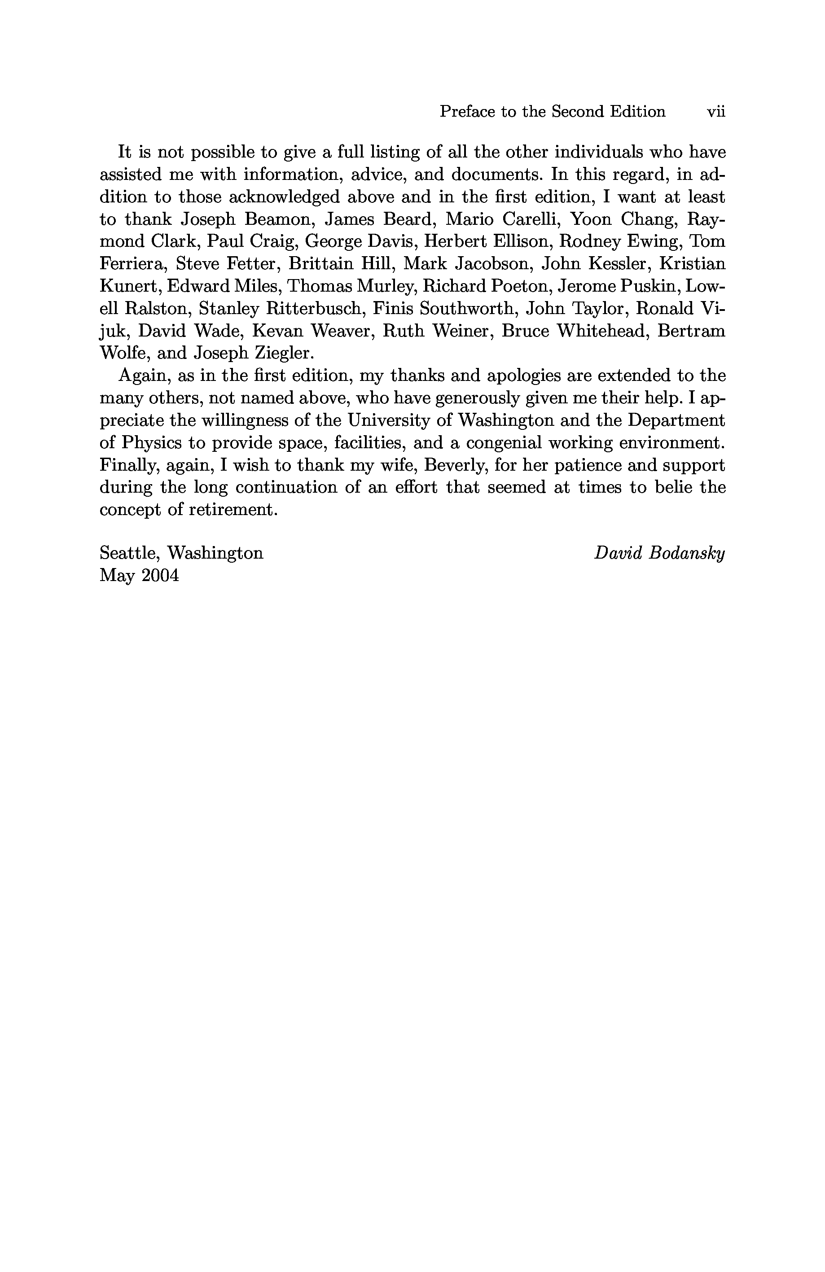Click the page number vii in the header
tap(716, 112)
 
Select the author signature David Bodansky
tap(659, 553)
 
